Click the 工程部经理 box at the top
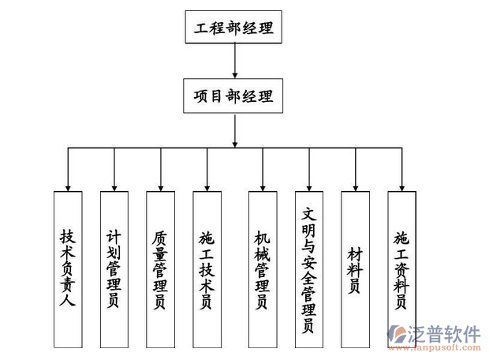point(233,28)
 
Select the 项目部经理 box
point(233,96)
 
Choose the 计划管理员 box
point(114,269)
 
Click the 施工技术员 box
point(207,269)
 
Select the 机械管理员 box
point(262,269)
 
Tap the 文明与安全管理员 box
point(308,269)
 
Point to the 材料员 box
point(355,269)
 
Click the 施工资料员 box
point(401,269)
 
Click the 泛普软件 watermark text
point(445,333)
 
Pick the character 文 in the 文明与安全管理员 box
point(308,214)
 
